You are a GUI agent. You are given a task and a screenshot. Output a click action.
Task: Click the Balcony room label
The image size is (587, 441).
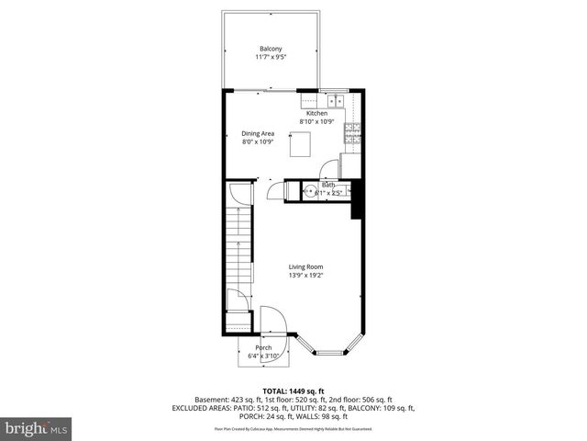pyautogui.click(x=271, y=49)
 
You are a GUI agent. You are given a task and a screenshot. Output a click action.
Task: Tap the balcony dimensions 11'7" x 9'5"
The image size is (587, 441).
pyautogui.click(x=271, y=58)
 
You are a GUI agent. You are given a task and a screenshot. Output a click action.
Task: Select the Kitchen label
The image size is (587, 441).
pyautogui.click(x=316, y=113)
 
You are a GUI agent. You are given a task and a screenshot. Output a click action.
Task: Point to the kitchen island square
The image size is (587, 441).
pyautogui.click(x=300, y=145)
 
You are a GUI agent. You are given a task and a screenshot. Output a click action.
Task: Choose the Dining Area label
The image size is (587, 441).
pyautogui.click(x=258, y=133)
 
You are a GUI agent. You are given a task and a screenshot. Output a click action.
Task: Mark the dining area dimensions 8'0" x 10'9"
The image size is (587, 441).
pyautogui.click(x=258, y=142)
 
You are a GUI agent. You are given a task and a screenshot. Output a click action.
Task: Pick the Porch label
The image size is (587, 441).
pyautogui.click(x=264, y=347)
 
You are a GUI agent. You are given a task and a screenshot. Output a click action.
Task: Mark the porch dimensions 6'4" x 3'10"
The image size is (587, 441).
pyautogui.click(x=264, y=356)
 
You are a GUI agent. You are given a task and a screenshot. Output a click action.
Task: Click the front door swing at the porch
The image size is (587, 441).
pyautogui.click(x=272, y=322)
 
